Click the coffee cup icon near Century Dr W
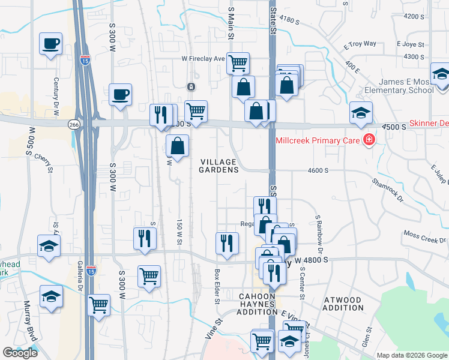[50, 43]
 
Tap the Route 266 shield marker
[91, 124]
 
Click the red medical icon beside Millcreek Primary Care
[368, 141]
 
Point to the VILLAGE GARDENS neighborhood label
[219, 166]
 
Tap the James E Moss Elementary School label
[405, 86]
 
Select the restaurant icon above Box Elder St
[227, 243]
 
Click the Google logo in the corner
[20, 353]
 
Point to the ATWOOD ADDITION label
[342, 304]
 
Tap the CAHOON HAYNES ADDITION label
[257, 304]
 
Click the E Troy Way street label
[360, 44]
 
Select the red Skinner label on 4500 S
[429, 123]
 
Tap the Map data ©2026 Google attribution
[412, 355]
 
